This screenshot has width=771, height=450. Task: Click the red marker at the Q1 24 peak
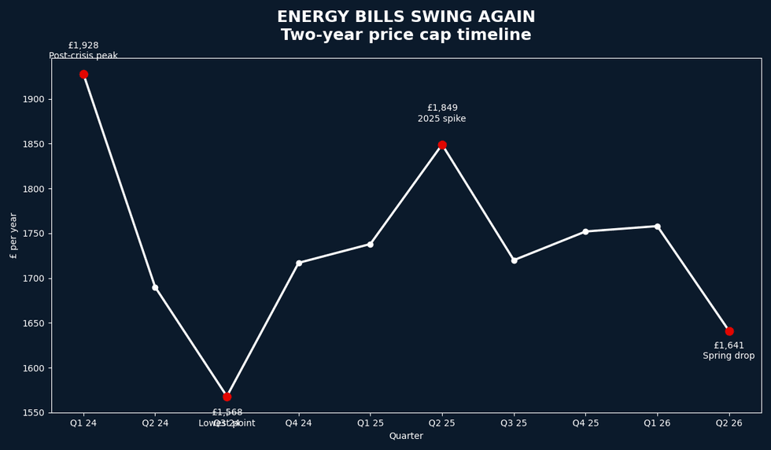pos(83,74)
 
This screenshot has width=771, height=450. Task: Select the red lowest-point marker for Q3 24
pos(227,397)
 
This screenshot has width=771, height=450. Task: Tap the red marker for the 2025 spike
pos(442,145)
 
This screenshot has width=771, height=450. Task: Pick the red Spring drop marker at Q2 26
pos(729,331)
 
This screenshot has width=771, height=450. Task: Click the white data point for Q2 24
pos(155,287)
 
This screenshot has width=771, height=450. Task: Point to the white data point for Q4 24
pos(299,263)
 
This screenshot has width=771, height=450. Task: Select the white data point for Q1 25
pos(371,244)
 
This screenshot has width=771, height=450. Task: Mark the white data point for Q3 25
pos(514,260)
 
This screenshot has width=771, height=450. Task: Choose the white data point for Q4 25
pos(585,231)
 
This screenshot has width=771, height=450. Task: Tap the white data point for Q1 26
pos(658,227)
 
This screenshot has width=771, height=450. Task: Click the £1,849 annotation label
pos(442,108)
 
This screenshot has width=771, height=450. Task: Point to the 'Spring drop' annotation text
pos(729,356)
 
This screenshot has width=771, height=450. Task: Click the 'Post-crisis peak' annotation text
pos(83,56)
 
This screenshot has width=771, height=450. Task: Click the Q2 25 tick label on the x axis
pos(442,423)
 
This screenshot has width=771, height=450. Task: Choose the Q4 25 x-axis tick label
pos(585,423)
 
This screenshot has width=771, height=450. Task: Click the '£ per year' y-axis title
pos(13,235)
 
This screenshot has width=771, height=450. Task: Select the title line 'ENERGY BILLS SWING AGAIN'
pos(406,17)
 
